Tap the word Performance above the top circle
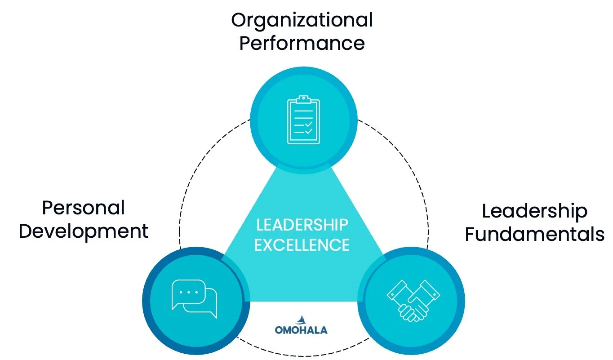point(302,44)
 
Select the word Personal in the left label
point(83,208)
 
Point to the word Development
point(84,231)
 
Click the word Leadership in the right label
point(534,211)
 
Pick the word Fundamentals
point(534,234)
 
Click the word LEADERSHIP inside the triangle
point(302,224)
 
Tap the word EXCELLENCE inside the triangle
point(302,245)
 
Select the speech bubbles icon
point(194,298)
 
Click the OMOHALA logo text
point(301,330)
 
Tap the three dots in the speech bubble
point(188,292)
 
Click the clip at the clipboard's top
point(303,98)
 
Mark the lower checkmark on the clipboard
point(308,132)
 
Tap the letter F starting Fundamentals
point(470,234)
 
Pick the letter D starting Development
point(25,231)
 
